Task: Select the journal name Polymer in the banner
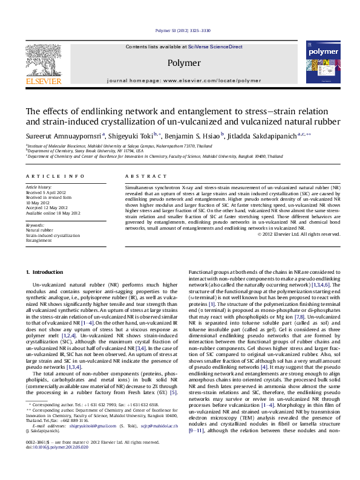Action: click(x=184, y=63)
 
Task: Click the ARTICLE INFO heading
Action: click(x=55, y=176)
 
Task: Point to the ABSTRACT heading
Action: click(x=143, y=176)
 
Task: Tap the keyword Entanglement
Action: click(x=39, y=241)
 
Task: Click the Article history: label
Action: click(x=39, y=187)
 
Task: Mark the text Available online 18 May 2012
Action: click(x=53, y=213)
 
